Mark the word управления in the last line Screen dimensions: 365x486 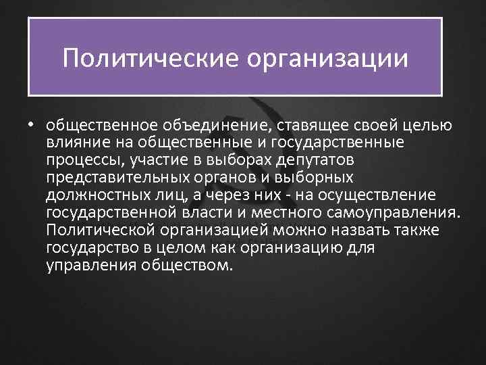click(90, 266)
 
